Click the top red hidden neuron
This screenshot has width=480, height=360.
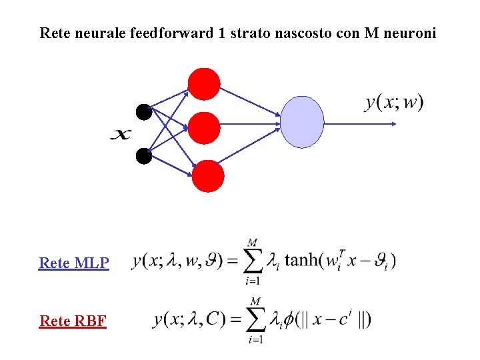204,84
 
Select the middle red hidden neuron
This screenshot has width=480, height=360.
203,128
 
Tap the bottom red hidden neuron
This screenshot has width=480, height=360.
208,176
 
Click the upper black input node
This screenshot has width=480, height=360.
144,112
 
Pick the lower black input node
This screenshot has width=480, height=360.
144,156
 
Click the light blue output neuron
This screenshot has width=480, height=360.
302,122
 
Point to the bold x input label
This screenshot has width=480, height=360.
121,135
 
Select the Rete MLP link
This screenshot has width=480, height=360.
74,263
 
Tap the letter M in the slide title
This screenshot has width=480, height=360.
371,33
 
